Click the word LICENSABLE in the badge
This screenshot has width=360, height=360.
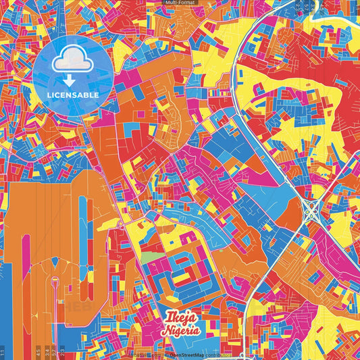(x=72, y=95)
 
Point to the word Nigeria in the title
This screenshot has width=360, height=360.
(x=180, y=331)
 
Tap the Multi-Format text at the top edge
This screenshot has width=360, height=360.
(x=180, y=3)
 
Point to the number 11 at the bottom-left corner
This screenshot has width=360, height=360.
(x=3, y=351)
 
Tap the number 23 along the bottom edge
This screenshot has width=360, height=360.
(x=62, y=351)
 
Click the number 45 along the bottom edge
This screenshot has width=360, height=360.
(x=38, y=351)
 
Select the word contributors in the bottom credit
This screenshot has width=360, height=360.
(x=218, y=354)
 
